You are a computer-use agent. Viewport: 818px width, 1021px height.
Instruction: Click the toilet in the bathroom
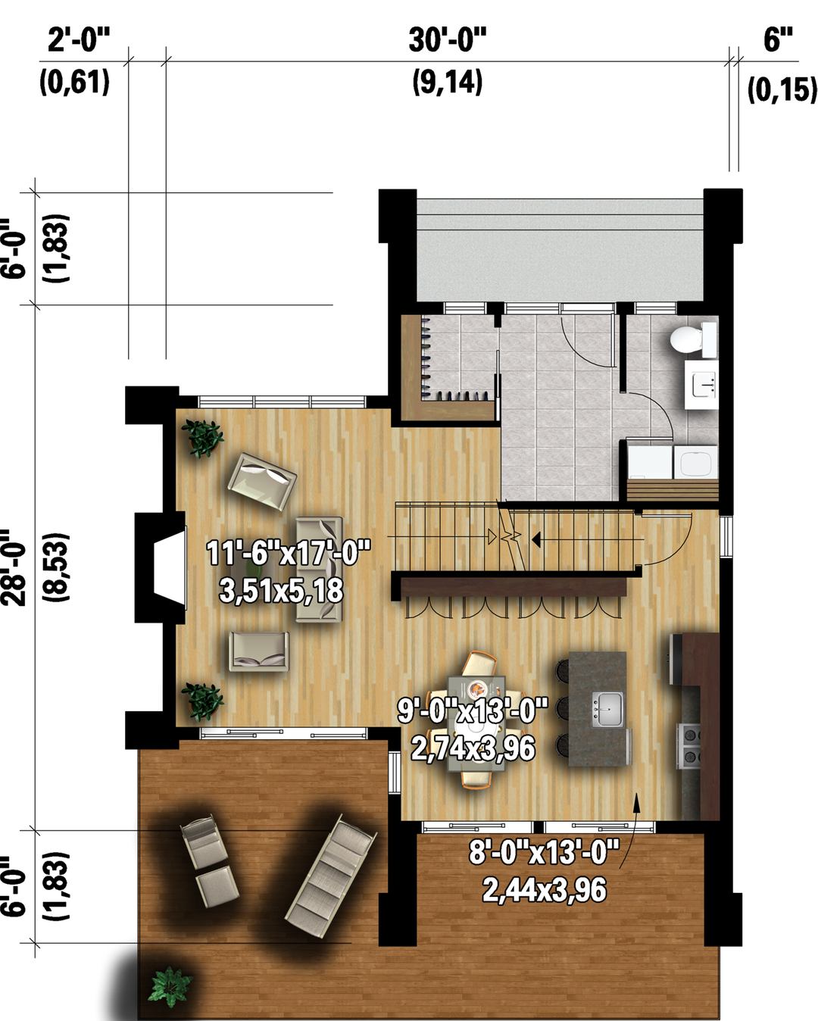692,339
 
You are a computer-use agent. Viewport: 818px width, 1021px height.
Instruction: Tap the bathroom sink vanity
701,383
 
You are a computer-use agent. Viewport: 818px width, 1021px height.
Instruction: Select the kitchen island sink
607,708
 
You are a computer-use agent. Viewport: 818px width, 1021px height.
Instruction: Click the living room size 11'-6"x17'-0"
288,553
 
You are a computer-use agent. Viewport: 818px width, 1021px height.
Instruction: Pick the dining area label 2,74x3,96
473,748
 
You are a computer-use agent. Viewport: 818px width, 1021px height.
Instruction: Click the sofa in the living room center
319,570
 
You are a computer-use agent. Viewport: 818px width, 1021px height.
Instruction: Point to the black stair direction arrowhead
536,539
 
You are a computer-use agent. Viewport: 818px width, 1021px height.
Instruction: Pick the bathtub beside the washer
697,461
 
